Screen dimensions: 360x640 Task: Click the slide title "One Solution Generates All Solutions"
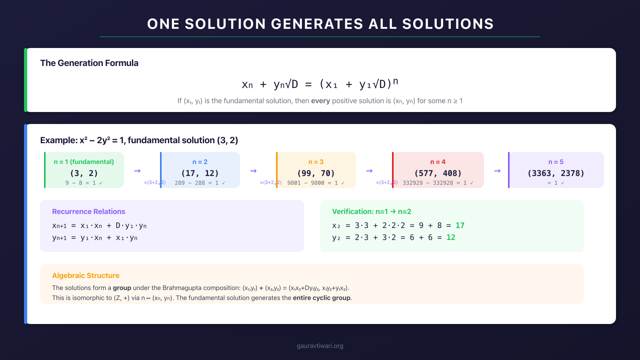(x=320, y=24)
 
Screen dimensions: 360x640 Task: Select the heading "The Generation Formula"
(x=89, y=63)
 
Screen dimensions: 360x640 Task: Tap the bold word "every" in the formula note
(x=320, y=101)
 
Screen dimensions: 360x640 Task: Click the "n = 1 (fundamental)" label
(x=84, y=162)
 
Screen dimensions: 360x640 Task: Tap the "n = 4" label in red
(x=438, y=162)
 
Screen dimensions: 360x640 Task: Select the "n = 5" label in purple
(x=556, y=162)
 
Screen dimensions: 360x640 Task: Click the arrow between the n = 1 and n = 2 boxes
(x=137, y=171)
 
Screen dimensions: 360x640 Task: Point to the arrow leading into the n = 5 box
(x=497, y=171)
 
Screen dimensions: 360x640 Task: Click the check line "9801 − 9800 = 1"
(x=316, y=183)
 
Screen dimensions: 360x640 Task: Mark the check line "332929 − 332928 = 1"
(x=438, y=183)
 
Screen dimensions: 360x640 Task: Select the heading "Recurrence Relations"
(x=88, y=212)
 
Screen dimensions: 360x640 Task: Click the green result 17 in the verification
(x=460, y=226)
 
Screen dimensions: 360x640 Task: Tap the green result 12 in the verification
(x=451, y=238)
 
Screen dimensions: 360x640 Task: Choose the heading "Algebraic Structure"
(x=86, y=276)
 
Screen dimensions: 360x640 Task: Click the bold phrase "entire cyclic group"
(x=322, y=298)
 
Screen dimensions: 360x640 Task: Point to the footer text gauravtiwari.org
(x=320, y=346)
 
